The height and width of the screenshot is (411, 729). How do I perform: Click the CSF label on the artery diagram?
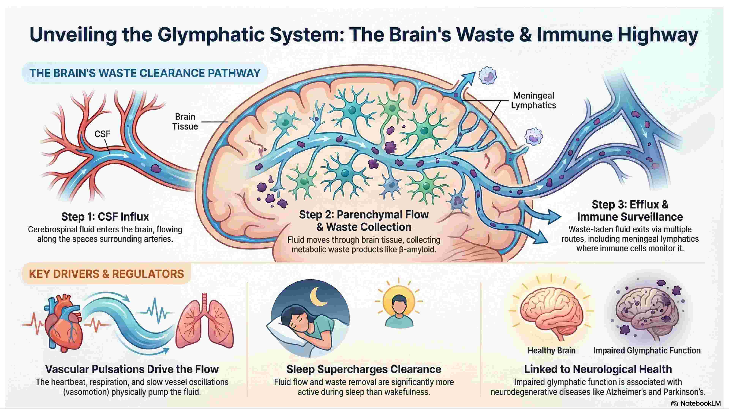(102, 134)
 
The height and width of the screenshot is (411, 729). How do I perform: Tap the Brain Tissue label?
(185, 121)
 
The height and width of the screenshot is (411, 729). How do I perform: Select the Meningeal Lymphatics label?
(533, 100)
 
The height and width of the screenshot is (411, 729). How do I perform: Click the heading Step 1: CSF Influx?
(105, 217)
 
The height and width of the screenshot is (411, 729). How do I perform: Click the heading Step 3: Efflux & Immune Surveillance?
(630, 211)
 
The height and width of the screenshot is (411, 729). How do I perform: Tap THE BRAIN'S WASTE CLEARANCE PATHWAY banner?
(145, 73)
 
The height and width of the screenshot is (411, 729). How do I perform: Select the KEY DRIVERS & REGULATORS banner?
(106, 274)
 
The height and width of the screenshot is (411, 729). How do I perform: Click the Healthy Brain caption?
(551, 350)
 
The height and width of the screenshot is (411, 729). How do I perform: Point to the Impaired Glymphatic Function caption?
(647, 350)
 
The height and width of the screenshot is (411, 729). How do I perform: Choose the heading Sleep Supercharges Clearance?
(364, 369)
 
